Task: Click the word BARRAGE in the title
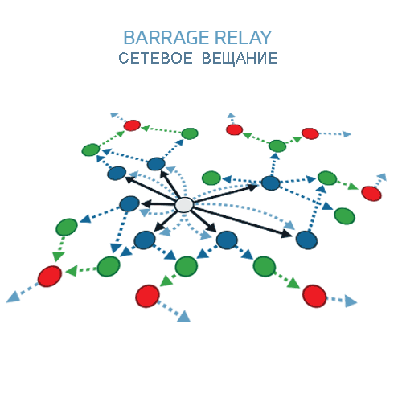(x=166, y=38)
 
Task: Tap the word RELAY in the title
(x=244, y=38)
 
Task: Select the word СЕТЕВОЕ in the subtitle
(x=155, y=58)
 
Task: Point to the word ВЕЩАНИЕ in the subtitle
(x=240, y=59)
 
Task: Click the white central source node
(x=184, y=205)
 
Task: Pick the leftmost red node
(x=50, y=277)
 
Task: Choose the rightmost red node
(x=371, y=194)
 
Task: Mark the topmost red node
(x=132, y=125)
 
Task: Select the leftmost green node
(x=67, y=227)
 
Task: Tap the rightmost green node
(x=345, y=216)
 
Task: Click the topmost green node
(x=190, y=133)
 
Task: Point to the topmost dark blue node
(x=156, y=164)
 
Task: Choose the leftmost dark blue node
(x=117, y=173)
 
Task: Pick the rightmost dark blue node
(x=306, y=240)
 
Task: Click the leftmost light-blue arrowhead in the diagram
(x=13, y=297)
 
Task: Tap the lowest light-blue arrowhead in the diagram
(x=184, y=317)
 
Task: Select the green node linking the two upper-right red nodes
(x=277, y=146)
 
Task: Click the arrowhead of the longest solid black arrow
(x=286, y=234)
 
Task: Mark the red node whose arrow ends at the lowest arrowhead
(x=147, y=296)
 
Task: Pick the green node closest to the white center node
(x=211, y=178)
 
